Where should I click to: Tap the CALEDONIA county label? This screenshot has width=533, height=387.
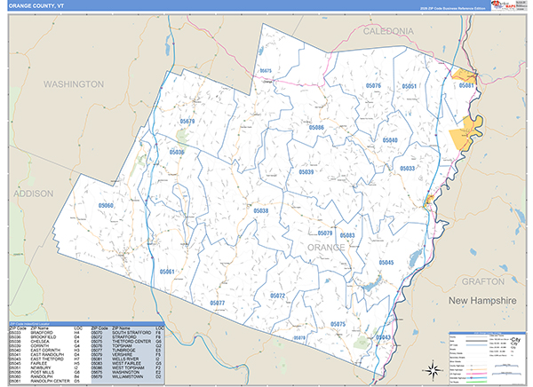coord(389,30)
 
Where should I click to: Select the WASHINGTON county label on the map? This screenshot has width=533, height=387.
coord(74,83)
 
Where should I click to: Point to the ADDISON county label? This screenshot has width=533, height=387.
coord(34,192)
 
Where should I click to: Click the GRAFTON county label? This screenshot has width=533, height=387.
coord(483,280)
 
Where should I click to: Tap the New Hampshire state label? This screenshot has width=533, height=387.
coord(481,302)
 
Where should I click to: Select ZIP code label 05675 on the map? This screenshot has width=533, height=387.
coord(265,69)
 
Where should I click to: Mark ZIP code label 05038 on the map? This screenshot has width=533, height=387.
coord(260,210)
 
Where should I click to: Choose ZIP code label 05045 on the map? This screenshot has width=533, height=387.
coord(386,263)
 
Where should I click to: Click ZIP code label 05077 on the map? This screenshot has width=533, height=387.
coord(218,303)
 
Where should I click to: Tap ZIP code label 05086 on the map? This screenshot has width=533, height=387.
coord(316,128)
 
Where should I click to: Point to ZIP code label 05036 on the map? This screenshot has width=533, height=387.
coord(177,153)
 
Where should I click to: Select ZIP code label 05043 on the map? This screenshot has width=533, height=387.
coord(383,337)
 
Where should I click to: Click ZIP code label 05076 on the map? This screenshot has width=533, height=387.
coord(373,85)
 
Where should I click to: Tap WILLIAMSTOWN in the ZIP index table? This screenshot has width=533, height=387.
coord(128,377)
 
